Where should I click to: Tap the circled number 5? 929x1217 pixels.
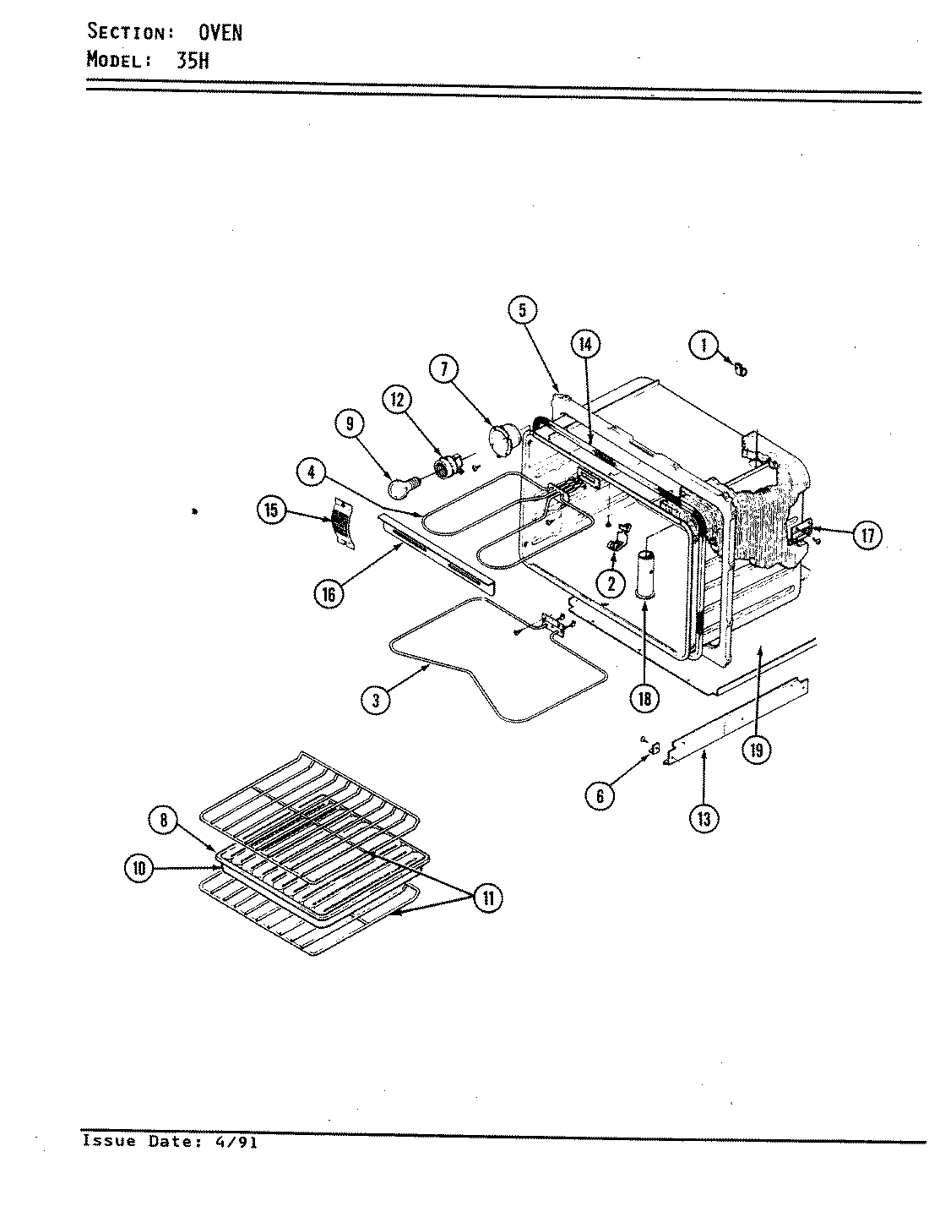[523, 310]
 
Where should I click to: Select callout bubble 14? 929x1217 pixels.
[585, 343]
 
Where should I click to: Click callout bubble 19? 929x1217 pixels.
[758, 748]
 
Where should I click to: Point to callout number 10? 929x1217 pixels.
[139, 867]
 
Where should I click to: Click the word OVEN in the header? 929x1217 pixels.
[220, 33]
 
